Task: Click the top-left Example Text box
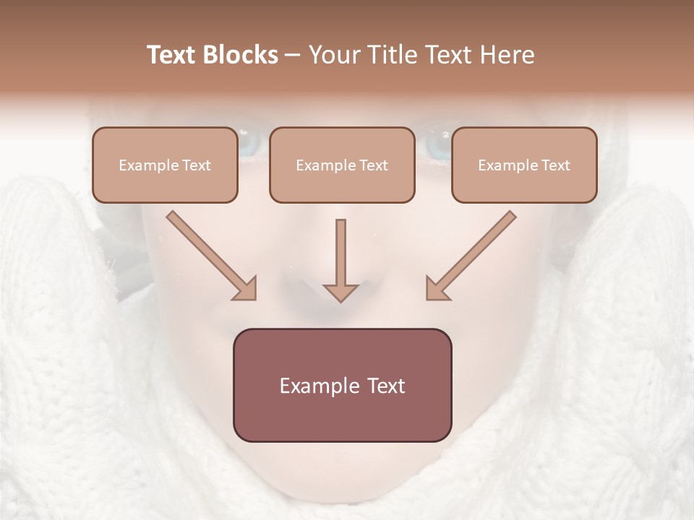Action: point(165,165)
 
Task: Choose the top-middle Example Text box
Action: point(342,165)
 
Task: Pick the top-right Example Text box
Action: point(524,165)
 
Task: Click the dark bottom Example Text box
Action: point(342,385)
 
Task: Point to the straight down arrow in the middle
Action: point(340,256)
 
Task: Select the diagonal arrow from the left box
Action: point(206,251)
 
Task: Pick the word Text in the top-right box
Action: point(555,165)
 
